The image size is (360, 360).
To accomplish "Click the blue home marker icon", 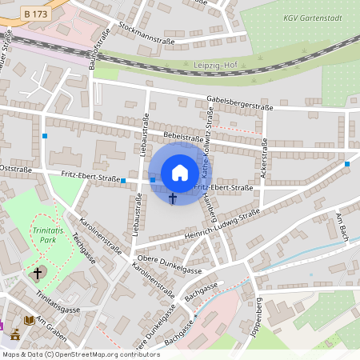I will pyautogui.click(x=180, y=173).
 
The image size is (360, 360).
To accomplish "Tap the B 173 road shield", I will pyautogui.click(x=35, y=14).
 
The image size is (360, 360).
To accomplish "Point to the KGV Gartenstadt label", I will pyautogui.click(x=311, y=18).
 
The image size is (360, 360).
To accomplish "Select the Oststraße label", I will pyautogui.click(x=15, y=170).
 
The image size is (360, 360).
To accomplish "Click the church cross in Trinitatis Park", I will pyautogui.click(x=37, y=274).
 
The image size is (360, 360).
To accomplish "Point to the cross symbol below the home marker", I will pyautogui.click(x=173, y=197).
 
